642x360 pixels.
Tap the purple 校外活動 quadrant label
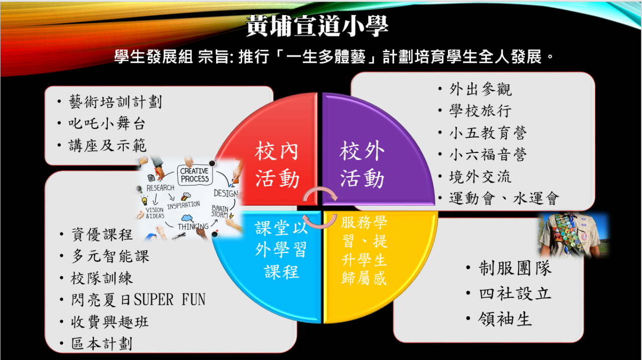pos(362,164)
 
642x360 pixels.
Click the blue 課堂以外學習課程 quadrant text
pos(281,250)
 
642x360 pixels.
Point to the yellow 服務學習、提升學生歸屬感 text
pos(364,250)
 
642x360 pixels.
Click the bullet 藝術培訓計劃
pos(115,102)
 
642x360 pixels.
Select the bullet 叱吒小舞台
pos(107,124)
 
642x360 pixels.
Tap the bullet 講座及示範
pos(107,145)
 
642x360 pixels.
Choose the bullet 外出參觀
pos(480,89)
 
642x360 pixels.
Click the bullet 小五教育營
pos(488,133)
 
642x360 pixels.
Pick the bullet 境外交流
pos(480,176)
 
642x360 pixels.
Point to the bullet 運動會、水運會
pos(504,199)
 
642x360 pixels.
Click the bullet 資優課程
pos(102,235)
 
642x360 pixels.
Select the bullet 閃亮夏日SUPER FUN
pos(138,300)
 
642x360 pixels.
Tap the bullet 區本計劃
pos(102,343)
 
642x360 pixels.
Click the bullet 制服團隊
pos(515,269)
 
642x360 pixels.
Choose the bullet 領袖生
pos(505,319)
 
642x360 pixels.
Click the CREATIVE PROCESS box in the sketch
pos(195,175)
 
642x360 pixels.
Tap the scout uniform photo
pos(573,235)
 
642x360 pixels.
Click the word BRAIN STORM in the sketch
pos(220,211)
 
